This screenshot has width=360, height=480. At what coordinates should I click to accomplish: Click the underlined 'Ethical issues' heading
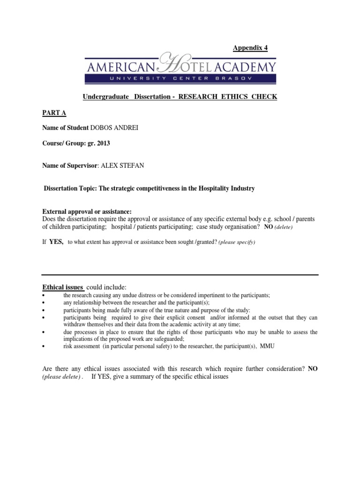tap(63, 287)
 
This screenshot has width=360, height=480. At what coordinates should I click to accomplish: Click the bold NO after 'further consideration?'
tap(313, 369)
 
